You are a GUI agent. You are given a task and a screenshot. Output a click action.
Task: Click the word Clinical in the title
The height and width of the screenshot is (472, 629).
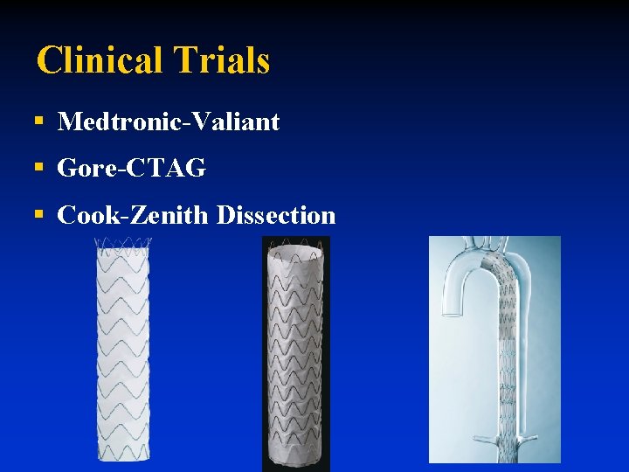tap(100, 60)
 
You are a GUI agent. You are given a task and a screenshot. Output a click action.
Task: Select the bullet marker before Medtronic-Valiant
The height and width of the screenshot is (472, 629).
tap(38, 121)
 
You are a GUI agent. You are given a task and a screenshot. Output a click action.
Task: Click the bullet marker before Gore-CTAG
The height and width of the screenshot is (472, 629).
tap(38, 168)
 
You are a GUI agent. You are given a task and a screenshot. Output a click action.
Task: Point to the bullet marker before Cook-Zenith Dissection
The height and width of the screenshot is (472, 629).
tap(38, 215)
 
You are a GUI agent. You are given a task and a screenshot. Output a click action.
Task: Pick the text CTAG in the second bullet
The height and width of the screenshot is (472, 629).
tap(166, 168)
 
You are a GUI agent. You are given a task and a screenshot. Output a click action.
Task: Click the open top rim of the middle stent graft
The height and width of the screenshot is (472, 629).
tap(295, 250)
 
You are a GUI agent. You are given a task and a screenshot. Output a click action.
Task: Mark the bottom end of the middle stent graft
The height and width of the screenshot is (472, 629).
tap(295, 458)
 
